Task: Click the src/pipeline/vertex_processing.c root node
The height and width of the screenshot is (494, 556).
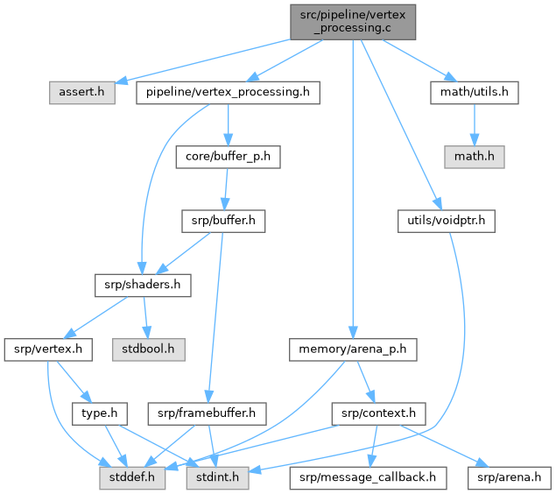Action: [x=352, y=19]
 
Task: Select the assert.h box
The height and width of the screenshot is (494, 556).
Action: [x=76, y=92]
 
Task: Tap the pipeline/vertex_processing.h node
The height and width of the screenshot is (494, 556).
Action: [x=228, y=92]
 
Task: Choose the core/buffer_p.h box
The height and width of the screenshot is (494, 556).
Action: [x=228, y=157]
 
